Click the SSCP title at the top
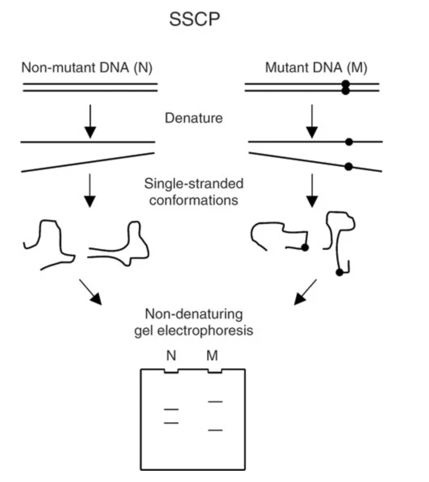tap(194, 19)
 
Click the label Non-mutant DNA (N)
tap(87, 68)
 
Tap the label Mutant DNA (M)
tap(316, 68)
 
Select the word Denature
tap(194, 118)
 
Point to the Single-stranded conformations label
tap(194, 192)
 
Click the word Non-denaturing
tap(194, 314)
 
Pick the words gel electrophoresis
tap(194, 330)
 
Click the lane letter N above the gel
tap(171, 356)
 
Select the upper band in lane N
tap(171, 409)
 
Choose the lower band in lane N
tap(171, 423)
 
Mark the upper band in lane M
tap(215, 402)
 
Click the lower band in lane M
tap(215, 430)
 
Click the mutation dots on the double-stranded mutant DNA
tap(345, 87)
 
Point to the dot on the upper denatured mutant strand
tap(349, 142)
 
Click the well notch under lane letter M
tap(214, 371)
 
